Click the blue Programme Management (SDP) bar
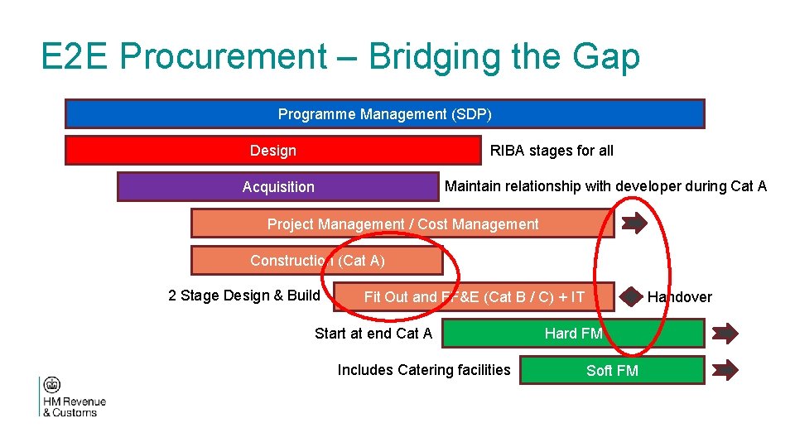point(384,114)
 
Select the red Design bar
point(272,151)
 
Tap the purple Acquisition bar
point(277,187)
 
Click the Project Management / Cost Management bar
point(402,223)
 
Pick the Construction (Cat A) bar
point(316,261)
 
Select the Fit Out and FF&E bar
point(474,297)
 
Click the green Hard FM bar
point(573,334)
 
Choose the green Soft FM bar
point(612,370)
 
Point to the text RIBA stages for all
point(552,151)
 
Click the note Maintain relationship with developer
point(605,186)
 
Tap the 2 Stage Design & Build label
point(244,296)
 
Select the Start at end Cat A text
point(373,334)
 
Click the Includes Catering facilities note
point(424,370)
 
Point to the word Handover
point(679,297)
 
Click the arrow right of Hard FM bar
point(725,334)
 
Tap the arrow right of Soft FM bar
point(725,369)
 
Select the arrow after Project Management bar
point(635,223)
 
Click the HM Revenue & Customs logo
point(72,397)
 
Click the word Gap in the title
point(609,57)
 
